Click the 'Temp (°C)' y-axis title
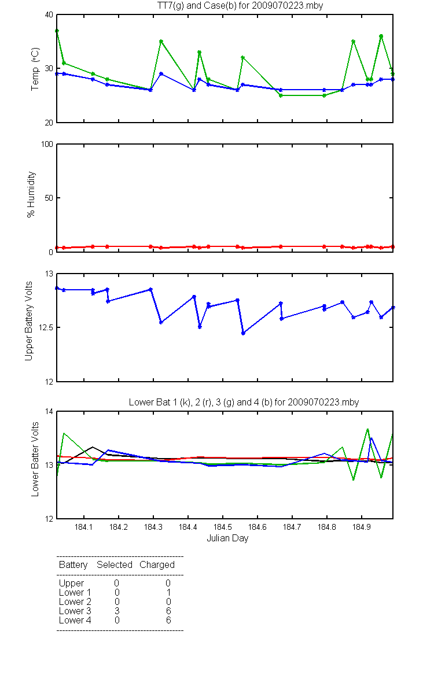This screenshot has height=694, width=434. (35, 69)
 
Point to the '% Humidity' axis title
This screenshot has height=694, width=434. (31, 194)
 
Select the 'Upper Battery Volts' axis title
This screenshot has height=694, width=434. (29, 321)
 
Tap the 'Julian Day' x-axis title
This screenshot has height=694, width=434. (227, 538)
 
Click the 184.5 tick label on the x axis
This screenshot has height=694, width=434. (223, 527)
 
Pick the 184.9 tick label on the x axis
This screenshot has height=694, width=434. (362, 527)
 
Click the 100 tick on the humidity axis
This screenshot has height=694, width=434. (47, 144)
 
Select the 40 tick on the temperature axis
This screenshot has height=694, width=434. (49, 14)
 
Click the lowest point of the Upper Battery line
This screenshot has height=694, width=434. (244, 333)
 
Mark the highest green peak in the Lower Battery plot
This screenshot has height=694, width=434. (367, 429)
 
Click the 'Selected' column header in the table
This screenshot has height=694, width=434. (115, 565)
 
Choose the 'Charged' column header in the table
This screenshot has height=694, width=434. (157, 565)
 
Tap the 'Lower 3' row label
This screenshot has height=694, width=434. (75, 611)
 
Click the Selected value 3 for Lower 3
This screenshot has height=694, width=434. (117, 611)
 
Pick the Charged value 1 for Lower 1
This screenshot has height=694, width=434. (168, 592)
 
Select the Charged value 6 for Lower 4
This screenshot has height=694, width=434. (168, 620)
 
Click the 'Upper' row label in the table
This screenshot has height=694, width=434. (71, 584)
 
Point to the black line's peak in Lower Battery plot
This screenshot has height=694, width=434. (93, 447)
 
